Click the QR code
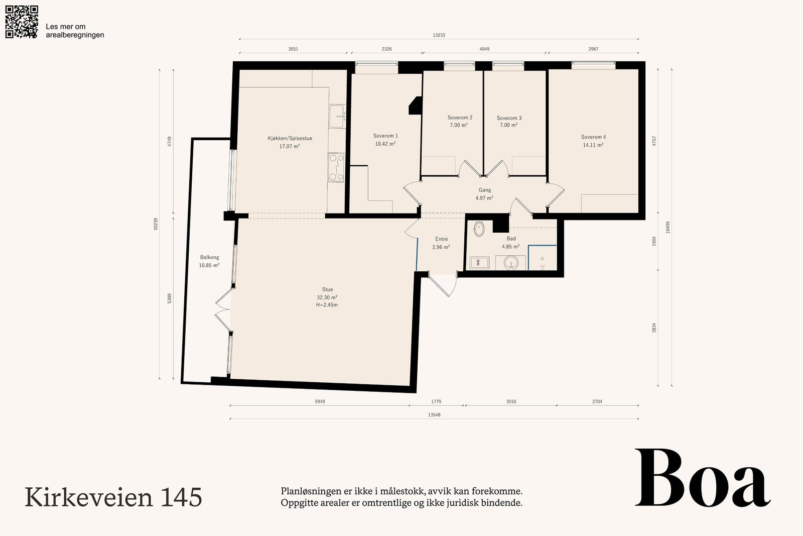point(22,22)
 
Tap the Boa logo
point(703,478)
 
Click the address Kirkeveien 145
point(113,497)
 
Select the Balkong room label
point(209,257)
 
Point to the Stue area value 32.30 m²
point(327,297)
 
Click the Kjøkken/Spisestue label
point(290,138)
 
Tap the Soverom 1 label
point(385,136)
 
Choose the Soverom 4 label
point(593,137)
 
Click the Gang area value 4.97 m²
point(484,198)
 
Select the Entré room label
point(441,239)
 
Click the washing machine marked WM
point(479,263)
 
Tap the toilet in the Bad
point(479,229)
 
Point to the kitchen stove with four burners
point(336,167)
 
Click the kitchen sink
point(337,116)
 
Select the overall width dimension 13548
point(434,415)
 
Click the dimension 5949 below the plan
point(320,401)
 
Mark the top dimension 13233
point(439,35)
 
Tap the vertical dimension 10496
point(667,227)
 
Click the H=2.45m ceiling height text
point(327,305)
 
